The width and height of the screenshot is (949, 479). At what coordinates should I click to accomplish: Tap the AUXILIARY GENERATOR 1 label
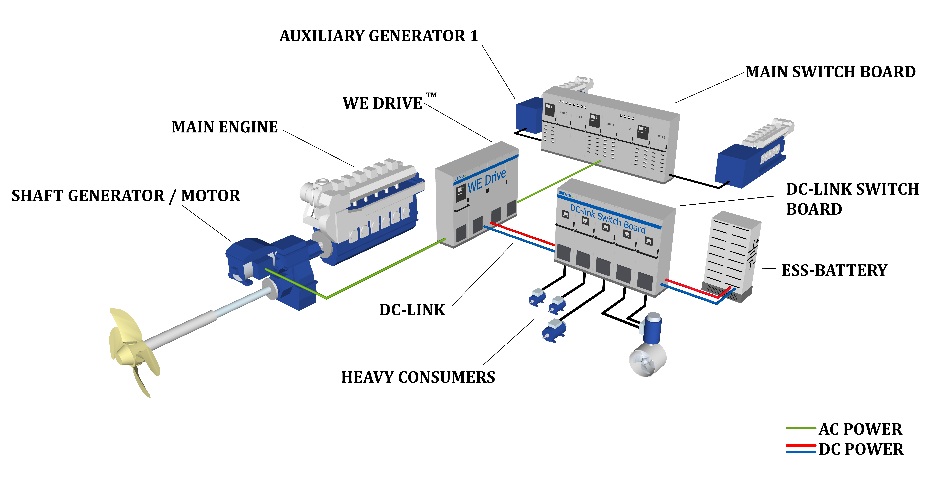pos(379,36)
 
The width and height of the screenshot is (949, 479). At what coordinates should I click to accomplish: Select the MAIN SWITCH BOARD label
pos(830,72)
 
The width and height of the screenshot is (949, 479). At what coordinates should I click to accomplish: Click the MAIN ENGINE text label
pos(225,127)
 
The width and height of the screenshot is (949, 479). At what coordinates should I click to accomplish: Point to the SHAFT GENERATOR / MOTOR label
pos(126,196)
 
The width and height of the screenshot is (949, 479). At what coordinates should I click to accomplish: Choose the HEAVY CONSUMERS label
pos(418,377)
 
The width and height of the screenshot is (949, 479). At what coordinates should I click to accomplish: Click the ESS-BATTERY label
pos(834,270)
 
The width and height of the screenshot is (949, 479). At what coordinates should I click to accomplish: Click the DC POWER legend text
pos(861,449)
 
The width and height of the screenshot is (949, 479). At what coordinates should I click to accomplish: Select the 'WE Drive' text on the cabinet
pos(487,181)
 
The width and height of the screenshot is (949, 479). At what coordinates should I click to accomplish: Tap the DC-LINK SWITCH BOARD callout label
pos(852,199)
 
